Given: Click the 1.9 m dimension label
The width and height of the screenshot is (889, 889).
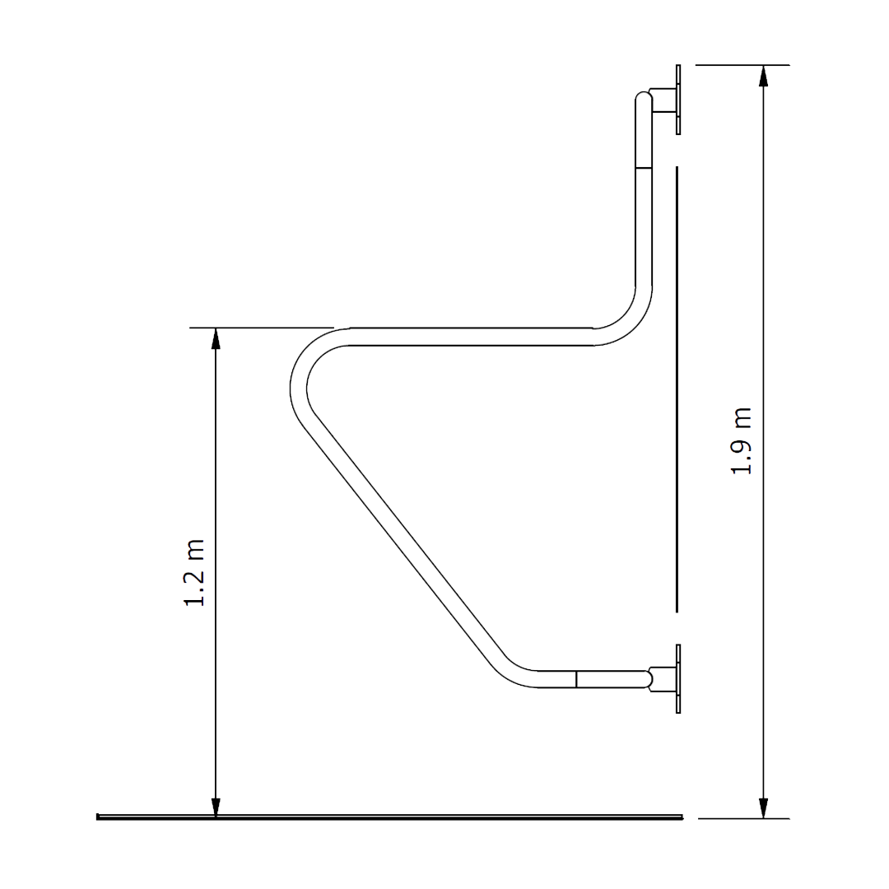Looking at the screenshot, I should point(742,441).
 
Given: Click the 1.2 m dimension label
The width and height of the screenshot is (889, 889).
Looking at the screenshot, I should point(195,574).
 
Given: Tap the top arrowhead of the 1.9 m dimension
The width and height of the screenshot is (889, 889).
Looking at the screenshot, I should point(764,76).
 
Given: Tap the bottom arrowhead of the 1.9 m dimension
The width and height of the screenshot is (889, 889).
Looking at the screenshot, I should point(764,808).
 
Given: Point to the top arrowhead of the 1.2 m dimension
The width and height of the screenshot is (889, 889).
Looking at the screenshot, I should point(216,338).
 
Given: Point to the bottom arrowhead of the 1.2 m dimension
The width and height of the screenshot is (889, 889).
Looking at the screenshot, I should point(216,808).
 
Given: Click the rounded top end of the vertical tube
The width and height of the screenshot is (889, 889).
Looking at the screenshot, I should point(643,100).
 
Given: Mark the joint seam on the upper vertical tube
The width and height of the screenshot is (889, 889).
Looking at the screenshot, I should point(644,168).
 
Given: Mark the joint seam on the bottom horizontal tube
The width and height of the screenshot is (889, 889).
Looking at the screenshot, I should point(576,679).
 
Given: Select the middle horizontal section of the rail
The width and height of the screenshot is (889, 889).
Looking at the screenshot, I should point(469,336).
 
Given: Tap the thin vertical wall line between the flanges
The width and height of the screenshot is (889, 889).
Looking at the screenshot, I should point(676,387).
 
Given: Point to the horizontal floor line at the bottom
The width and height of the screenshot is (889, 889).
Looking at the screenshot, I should point(387,817).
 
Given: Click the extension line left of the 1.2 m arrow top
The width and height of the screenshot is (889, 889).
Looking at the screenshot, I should point(202,328).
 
